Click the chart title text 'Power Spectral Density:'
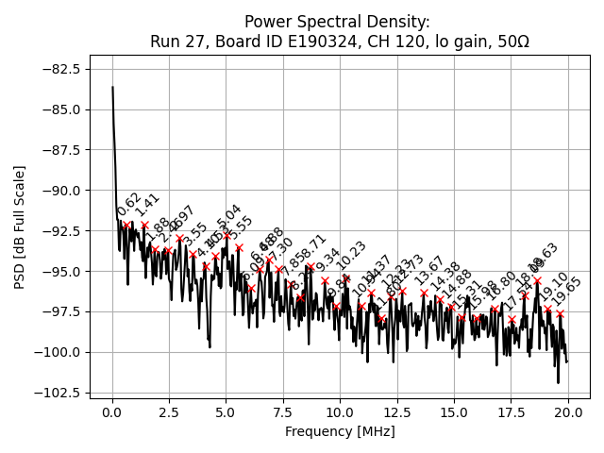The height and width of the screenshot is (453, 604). pos(337,22)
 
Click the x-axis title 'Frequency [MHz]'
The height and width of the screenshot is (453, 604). pos(340,431)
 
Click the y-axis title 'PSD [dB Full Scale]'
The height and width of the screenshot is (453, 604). pos(20,226)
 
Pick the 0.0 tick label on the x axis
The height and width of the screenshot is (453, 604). pos(112,411)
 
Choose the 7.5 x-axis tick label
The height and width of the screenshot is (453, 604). pos(283,411)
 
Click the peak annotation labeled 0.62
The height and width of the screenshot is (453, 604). pos(129,205)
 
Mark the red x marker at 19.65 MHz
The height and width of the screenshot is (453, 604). pos(560,313)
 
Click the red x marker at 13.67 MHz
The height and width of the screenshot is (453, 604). pos(424,293)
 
